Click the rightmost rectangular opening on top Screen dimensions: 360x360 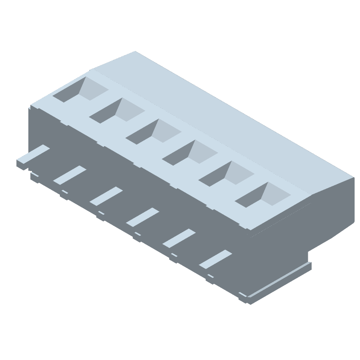(262, 194)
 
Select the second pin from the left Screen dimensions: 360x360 (69, 175)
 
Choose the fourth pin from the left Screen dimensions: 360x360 (142, 217)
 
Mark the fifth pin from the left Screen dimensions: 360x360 (179, 238)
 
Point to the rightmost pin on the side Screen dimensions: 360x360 (215, 259)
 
